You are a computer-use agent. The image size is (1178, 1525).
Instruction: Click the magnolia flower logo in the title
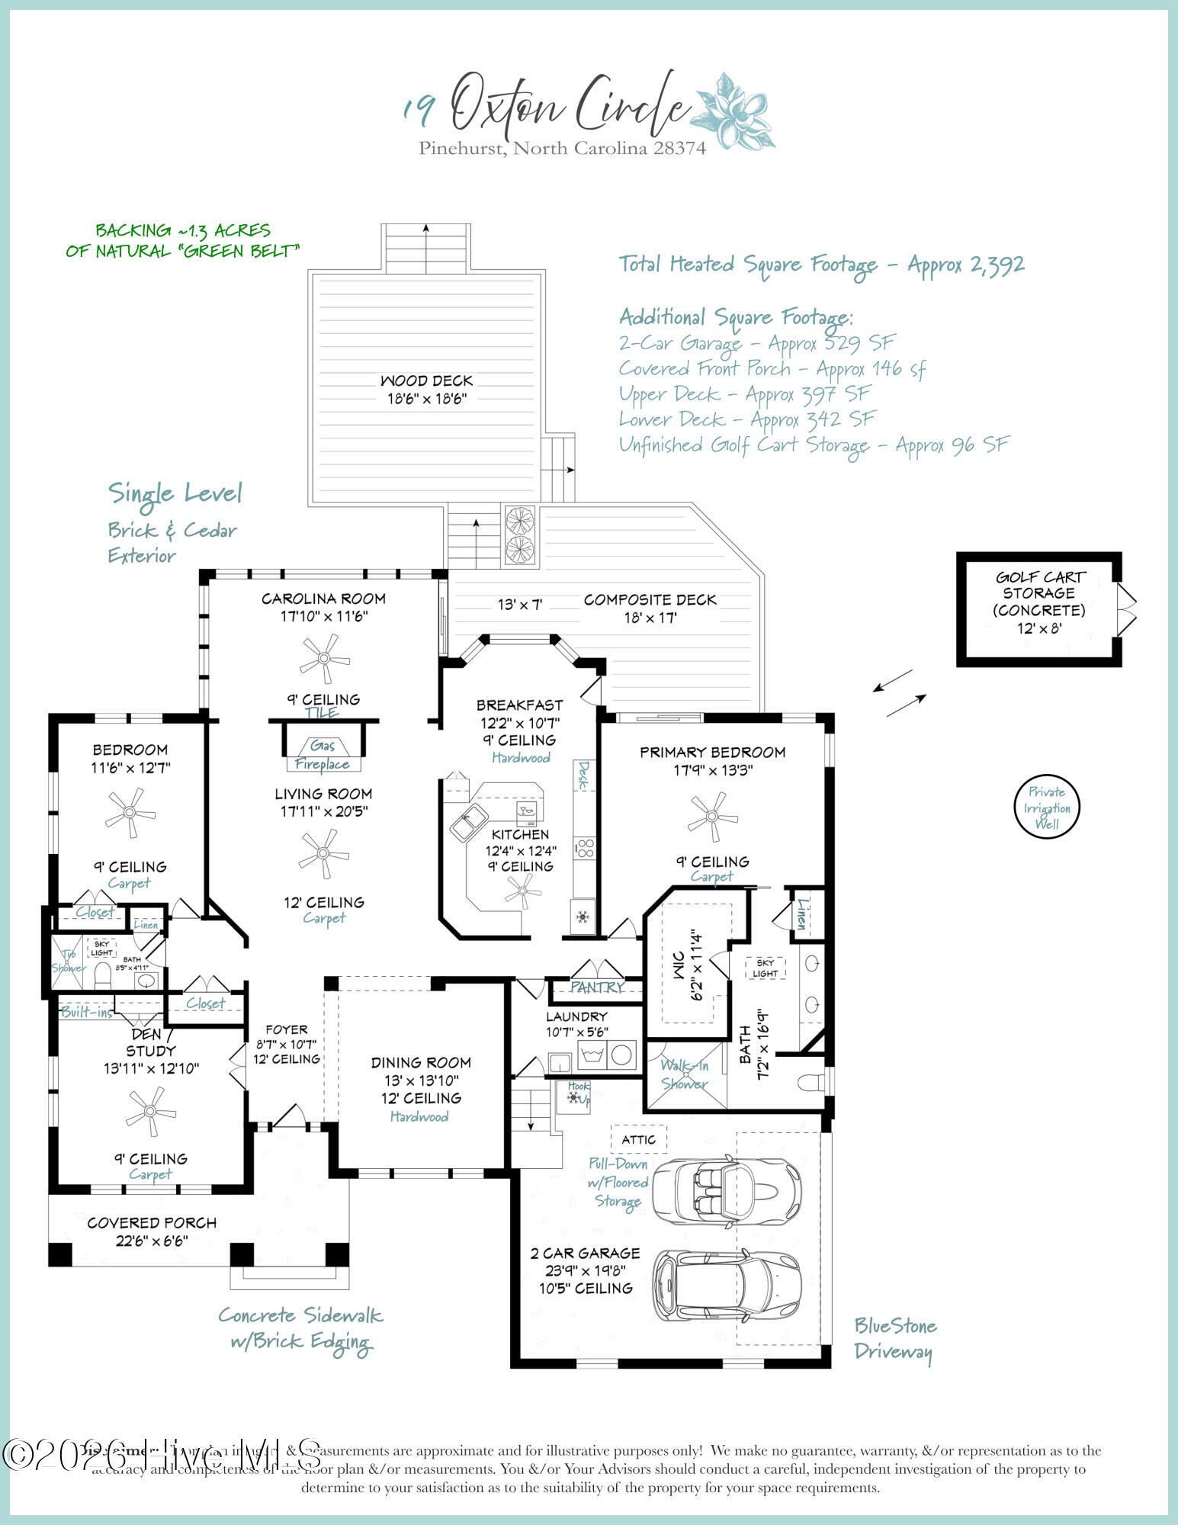733,111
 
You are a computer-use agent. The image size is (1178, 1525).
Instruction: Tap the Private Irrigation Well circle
1047,807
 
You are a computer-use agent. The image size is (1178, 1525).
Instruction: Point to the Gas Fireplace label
323,755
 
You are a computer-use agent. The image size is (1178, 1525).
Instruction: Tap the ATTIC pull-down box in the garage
638,1139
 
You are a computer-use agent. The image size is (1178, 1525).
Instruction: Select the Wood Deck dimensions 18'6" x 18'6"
426,398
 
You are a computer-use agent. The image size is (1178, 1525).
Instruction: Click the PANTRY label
597,987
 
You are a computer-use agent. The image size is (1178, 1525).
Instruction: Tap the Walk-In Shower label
684,1074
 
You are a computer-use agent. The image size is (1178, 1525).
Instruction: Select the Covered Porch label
152,1222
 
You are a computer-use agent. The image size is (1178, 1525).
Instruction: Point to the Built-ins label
87,1012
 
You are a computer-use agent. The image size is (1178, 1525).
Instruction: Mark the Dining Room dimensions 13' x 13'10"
420,1080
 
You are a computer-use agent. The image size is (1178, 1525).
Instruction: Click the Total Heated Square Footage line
821,265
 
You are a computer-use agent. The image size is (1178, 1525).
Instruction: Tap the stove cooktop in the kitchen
585,848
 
